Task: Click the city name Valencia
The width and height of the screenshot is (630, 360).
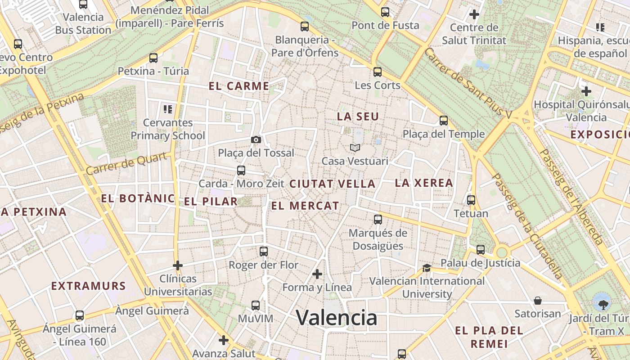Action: point(337,318)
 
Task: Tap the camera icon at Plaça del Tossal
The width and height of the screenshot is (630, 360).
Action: point(256,139)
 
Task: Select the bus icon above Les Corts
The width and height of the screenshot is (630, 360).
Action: point(378,72)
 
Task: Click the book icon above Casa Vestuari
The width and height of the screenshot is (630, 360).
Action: point(355,148)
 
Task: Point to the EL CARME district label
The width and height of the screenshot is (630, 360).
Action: point(239,86)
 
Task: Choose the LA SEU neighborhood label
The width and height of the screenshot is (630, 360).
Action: point(358,116)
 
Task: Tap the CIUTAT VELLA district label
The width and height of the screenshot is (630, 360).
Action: point(332,184)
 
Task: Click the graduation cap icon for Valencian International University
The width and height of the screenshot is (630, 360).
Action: point(426,268)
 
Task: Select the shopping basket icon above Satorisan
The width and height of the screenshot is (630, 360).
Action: point(537,300)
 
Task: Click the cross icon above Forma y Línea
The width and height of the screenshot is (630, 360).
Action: point(317,274)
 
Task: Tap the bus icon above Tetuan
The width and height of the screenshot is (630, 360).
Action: point(471,200)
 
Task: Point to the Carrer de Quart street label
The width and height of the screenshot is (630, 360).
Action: point(129,163)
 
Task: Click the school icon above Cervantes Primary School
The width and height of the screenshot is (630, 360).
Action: point(168,109)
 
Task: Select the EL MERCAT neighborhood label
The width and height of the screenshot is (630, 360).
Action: point(305,206)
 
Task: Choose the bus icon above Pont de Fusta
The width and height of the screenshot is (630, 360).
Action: point(385,12)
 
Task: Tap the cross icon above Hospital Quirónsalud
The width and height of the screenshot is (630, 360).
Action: point(586,91)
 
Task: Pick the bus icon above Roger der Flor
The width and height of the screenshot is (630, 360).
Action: point(264,251)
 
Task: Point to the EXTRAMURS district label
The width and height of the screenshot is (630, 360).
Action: point(88,286)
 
